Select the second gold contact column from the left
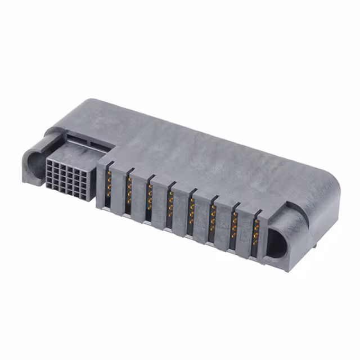[128, 191]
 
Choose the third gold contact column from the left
[149, 198]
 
